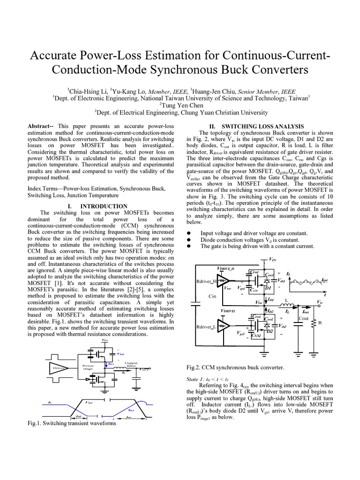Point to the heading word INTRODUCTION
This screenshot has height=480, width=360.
tap(104, 206)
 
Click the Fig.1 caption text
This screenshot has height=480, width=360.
tap(72, 423)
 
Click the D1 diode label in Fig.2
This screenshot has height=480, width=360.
tap(269, 288)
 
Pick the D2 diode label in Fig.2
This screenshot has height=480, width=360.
tap(269, 331)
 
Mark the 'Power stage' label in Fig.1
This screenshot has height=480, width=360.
tap(89, 366)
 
